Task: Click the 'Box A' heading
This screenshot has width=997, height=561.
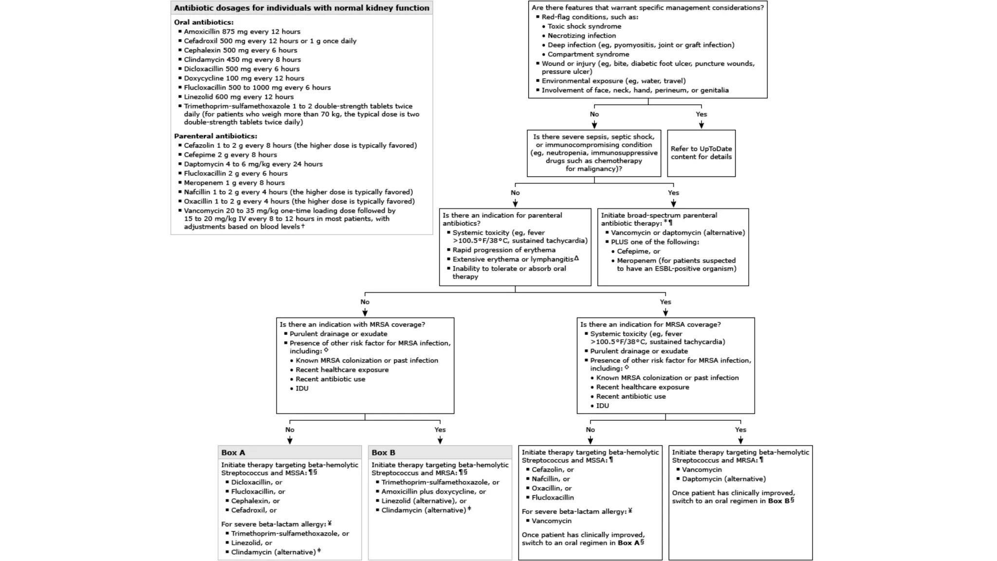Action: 233,452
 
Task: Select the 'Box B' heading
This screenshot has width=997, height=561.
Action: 383,452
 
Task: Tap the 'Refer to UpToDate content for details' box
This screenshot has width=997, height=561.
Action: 701,153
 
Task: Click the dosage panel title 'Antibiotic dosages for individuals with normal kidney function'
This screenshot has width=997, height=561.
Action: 301,8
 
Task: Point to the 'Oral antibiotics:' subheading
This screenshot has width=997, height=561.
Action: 203,22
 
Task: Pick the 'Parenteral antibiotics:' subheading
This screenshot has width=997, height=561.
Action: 215,136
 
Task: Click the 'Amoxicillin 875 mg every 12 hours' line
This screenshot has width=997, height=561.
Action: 242,32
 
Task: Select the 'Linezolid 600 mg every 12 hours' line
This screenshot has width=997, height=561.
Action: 239,97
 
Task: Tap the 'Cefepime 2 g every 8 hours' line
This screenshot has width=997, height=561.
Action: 230,155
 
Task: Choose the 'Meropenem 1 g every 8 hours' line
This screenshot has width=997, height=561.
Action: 234,183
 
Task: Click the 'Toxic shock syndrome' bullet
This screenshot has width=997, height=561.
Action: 584,26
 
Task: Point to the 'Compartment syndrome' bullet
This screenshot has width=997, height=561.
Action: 588,54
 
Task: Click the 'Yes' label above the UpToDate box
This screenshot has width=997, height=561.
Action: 701,114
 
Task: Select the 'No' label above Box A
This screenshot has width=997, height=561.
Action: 290,430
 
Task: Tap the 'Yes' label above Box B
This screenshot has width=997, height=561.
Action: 440,430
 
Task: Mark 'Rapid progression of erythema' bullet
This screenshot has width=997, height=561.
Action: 504,250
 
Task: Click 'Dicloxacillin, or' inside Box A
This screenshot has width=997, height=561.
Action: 257,482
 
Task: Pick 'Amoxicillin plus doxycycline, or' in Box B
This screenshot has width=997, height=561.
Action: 433,491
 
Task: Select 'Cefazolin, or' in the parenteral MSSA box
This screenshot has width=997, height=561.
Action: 553,469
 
